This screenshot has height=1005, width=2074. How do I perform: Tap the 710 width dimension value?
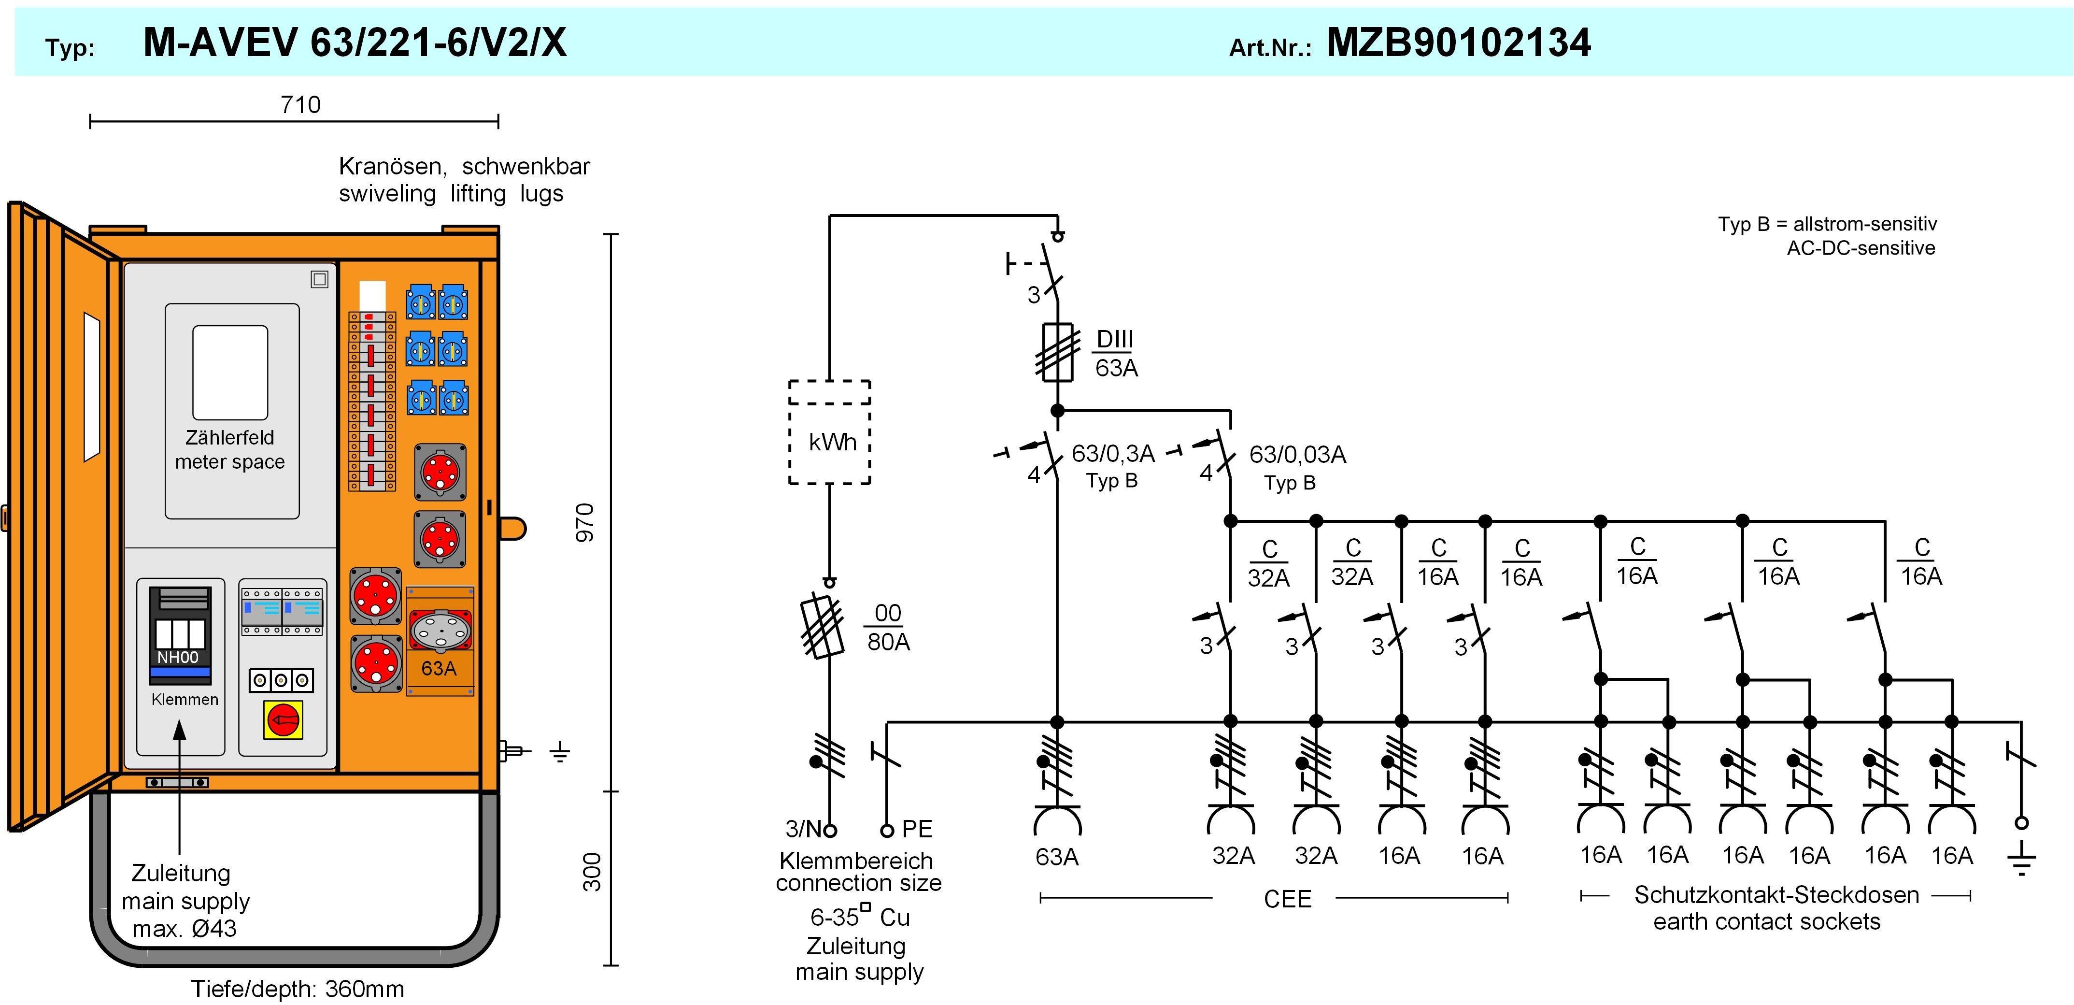300,105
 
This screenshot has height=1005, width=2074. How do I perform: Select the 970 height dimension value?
586,522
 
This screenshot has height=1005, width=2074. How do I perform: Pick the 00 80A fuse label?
888,627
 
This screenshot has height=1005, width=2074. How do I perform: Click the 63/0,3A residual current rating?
1113,454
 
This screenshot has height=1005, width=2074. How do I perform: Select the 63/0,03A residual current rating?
1297,455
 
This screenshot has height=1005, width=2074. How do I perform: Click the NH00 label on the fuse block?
178,657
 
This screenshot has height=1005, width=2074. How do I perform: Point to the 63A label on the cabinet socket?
439,668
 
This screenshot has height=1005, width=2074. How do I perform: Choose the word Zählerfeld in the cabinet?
229,437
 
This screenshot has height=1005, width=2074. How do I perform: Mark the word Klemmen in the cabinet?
185,699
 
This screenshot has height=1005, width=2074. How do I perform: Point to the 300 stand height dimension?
592,872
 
